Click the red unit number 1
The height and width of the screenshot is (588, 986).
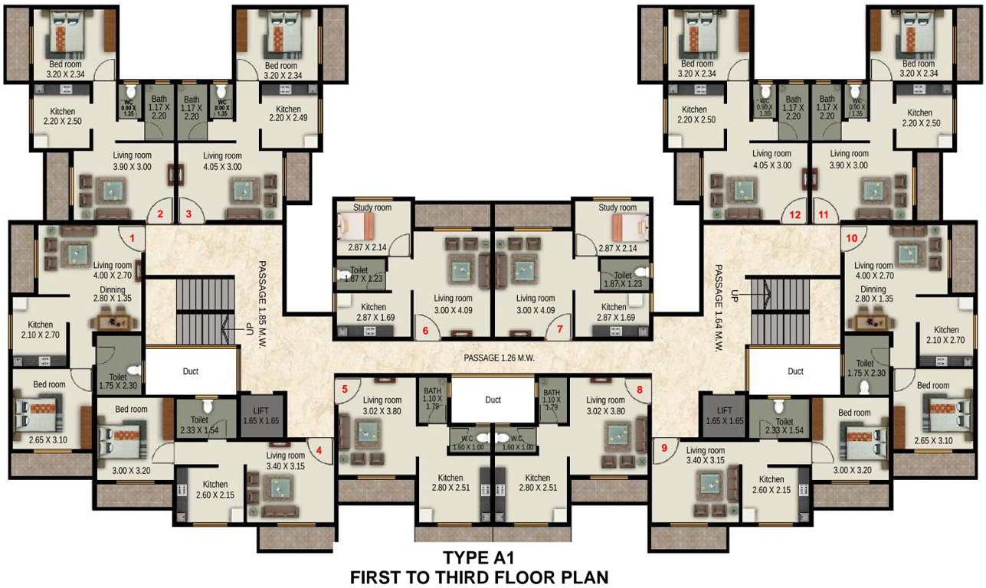click(133, 238)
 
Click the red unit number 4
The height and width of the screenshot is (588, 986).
click(319, 450)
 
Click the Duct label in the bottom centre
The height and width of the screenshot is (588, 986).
click(493, 400)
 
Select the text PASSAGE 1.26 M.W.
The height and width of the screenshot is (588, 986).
click(499, 358)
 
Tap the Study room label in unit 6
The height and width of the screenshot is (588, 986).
click(372, 207)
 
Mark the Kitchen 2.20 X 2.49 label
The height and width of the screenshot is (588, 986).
click(289, 114)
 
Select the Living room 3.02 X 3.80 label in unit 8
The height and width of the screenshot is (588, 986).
click(605, 404)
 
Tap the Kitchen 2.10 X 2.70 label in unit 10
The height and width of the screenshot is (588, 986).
click(946, 335)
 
